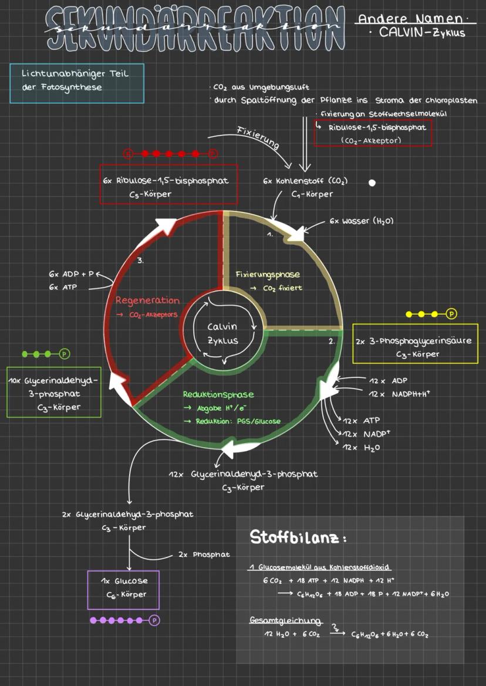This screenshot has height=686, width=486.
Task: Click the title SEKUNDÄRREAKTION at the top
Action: (195, 27)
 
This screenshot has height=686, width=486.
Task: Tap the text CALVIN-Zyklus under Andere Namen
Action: (421, 33)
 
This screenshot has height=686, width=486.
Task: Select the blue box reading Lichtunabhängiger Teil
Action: (77, 83)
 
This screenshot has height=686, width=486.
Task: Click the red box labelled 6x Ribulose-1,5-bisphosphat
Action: (168, 185)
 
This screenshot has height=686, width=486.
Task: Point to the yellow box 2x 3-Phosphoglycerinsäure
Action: (415, 343)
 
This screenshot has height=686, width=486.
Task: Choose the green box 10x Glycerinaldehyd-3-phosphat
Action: (53, 393)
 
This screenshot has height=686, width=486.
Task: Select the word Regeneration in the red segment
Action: (147, 300)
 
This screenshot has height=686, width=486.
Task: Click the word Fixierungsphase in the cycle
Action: (268, 275)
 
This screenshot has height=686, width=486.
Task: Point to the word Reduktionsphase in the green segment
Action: (218, 394)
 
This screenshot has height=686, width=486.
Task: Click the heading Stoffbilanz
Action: (298, 537)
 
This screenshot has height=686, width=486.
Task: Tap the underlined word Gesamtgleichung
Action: (286, 621)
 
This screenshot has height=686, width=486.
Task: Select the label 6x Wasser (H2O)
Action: (361, 221)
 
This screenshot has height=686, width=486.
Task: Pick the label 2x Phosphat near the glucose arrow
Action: (204, 554)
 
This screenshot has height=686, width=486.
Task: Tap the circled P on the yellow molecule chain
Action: (451, 314)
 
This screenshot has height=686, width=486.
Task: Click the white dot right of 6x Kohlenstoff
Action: (372, 183)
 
